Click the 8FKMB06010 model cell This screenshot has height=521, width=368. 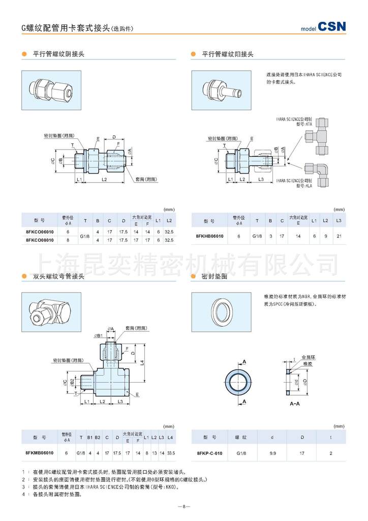[39, 452]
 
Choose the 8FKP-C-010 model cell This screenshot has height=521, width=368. [209, 453]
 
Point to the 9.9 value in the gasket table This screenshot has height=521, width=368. [272, 453]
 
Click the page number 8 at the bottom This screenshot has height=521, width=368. [183, 507]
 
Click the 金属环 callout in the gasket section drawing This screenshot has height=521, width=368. [306, 357]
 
